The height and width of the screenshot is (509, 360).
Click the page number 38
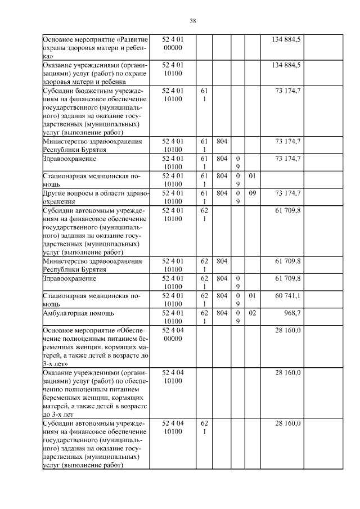[x=192, y=21]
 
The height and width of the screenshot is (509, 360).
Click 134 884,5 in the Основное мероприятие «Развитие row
[x=286, y=39]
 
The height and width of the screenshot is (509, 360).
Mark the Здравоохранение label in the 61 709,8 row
[x=69, y=278]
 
